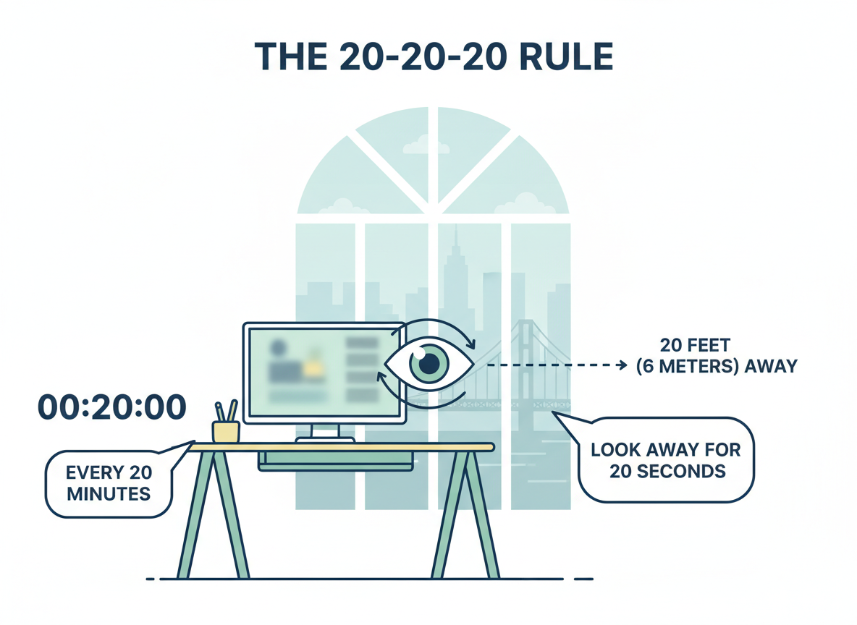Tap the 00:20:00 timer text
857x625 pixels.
tap(111, 408)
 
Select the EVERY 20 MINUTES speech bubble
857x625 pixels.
tap(109, 484)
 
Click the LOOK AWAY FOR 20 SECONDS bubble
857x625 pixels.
tap(667, 461)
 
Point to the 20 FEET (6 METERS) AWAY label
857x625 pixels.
tap(716, 356)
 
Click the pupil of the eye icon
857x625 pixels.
tap(429, 363)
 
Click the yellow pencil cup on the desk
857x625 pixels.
tap(225, 431)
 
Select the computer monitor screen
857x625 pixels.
tap(324, 372)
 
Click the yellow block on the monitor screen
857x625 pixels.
tap(313, 367)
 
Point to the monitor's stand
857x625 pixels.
tap(324, 432)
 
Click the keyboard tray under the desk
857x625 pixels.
tap(337, 460)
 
